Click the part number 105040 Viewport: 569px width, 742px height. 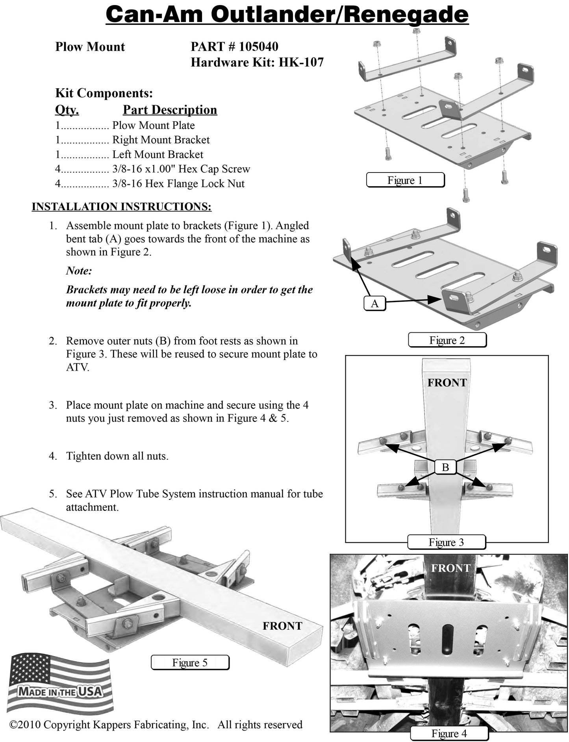(x=258, y=46)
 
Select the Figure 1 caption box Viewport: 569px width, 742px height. (x=405, y=180)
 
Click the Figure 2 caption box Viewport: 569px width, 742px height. (x=447, y=340)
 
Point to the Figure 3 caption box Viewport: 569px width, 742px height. (x=446, y=542)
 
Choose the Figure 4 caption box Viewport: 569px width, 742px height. (x=449, y=733)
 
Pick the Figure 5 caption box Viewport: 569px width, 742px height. (x=190, y=662)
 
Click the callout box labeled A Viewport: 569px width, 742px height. (x=374, y=303)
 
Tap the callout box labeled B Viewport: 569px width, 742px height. (x=445, y=467)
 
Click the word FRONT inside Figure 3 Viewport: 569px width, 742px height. (x=447, y=382)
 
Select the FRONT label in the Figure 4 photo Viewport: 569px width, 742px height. (x=450, y=568)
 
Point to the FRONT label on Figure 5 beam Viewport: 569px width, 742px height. (x=282, y=626)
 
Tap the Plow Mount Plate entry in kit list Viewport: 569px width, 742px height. (x=153, y=125)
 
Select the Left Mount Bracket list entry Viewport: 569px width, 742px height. (x=158, y=154)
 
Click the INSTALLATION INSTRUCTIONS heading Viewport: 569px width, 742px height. (x=121, y=206)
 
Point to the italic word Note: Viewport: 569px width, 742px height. (x=79, y=271)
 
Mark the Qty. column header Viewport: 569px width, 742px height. (x=67, y=109)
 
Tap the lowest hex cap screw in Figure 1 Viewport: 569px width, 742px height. (x=466, y=195)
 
